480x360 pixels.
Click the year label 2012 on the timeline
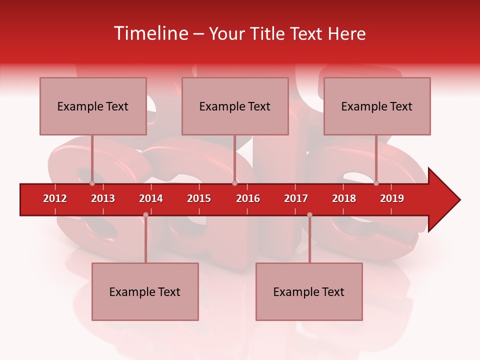coord(55,198)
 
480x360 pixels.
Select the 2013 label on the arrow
coord(103,198)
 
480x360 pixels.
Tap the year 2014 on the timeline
coord(151,198)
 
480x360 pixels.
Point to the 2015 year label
coord(199,198)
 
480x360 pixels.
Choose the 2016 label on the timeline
coord(248,198)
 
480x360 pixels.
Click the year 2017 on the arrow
coord(296,198)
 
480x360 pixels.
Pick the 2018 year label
coord(344,198)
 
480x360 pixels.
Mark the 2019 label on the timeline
coord(392,198)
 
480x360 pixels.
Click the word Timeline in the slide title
coord(150,33)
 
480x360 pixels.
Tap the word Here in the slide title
coord(346,33)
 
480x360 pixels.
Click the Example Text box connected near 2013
coord(93,106)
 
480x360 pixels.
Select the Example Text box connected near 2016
coord(235,106)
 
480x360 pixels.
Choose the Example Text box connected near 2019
coord(377,106)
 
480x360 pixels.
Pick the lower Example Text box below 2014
coord(145,292)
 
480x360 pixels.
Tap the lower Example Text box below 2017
coord(309,292)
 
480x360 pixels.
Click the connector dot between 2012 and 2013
coord(92,183)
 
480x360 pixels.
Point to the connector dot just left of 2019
coord(376,183)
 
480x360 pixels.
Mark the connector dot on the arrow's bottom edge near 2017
coord(309,214)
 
